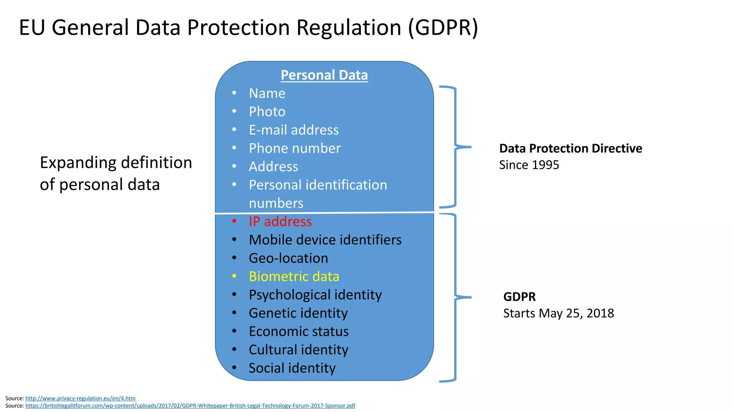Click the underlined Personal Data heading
pyautogui.click(x=324, y=75)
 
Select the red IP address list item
pyautogui.click(x=280, y=222)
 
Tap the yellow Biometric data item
pyautogui.click(x=294, y=276)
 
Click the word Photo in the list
pyautogui.click(x=267, y=112)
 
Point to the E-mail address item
pyautogui.click(x=293, y=130)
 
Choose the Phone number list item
pyautogui.click(x=295, y=148)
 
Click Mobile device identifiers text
pyautogui.click(x=325, y=240)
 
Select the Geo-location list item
pyautogui.click(x=288, y=258)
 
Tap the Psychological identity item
pyautogui.click(x=315, y=295)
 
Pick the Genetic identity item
pyautogui.click(x=298, y=313)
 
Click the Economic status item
pyautogui.click(x=298, y=332)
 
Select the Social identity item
pyautogui.click(x=292, y=368)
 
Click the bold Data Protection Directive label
pyautogui.click(x=571, y=148)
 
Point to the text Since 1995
pyautogui.click(x=529, y=165)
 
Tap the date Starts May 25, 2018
pyautogui.click(x=558, y=313)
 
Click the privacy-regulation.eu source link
pyautogui.click(x=80, y=398)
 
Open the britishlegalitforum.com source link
pyautogui.click(x=190, y=406)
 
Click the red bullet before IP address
pyautogui.click(x=234, y=221)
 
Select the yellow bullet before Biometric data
pyautogui.click(x=234, y=276)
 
